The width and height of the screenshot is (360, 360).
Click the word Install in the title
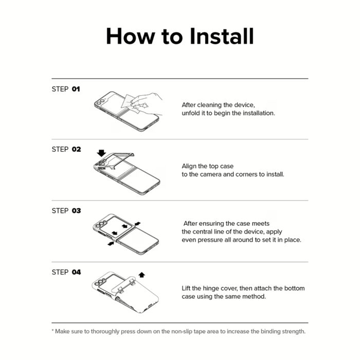[x=222, y=37]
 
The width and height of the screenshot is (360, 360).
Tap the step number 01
[x=76, y=89]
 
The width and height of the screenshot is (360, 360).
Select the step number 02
[x=76, y=150]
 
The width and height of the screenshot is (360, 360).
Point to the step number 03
[x=76, y=211]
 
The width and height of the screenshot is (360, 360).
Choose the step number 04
[x=76, y=272]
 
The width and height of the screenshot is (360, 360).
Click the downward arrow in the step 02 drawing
[x=101, y=153]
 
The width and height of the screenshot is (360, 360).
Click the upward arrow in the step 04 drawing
[x=142, y=275]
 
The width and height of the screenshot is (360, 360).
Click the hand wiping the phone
[x=147, y=103]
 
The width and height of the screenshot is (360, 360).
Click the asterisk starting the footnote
[x=52, y=331]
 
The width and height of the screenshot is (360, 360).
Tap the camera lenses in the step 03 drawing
[x=101, y=224]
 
